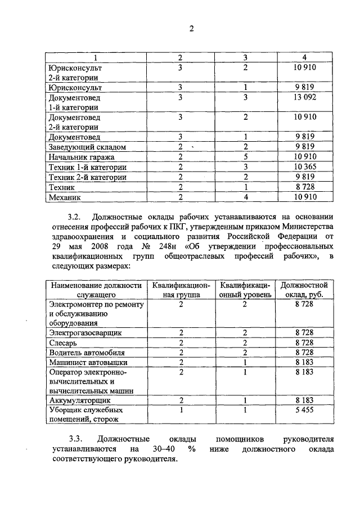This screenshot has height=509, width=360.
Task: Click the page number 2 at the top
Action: (x=191, y=30)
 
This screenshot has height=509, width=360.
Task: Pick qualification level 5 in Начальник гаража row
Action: (x=246, y=157)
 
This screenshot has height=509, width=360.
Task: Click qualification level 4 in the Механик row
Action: (x=246, y=197)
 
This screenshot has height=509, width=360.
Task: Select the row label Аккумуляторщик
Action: (x=79, y=400)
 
